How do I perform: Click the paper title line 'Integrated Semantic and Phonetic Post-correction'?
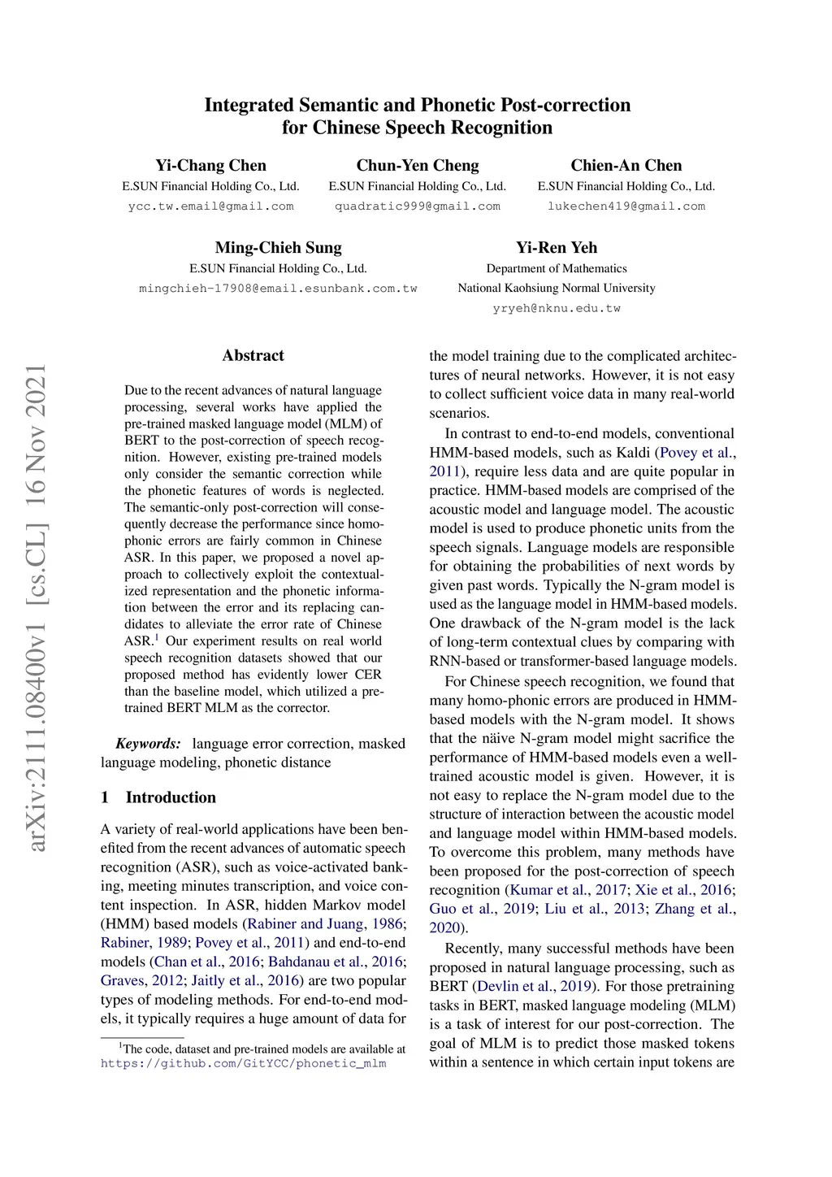point(417,105)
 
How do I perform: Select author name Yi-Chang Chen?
point(210,166)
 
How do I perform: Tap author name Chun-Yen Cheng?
point(418,166)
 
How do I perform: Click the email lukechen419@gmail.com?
point(626,206)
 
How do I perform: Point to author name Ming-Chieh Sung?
point(278,248)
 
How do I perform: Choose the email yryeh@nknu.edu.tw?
point(557,309)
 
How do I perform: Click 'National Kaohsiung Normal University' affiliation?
point(557,288)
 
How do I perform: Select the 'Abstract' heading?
point(253,355)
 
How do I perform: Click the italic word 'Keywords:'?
point(148,744)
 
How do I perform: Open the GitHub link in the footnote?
point(243,1063)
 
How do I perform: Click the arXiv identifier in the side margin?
point(37,608)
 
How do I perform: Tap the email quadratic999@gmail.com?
point(418,206)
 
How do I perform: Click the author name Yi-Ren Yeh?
point(557,248)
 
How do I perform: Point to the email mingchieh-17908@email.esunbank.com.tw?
point(278,289)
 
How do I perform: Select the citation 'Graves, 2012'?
point(141,981)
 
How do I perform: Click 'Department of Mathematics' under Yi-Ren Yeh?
point(557,268)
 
